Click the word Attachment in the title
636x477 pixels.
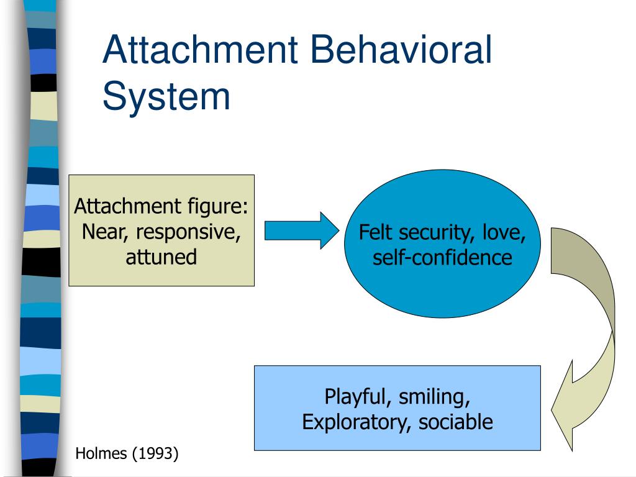click(201, 50)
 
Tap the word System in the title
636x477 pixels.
click(166, 96)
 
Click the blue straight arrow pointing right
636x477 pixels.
click(302, 230)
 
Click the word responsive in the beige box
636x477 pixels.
click(188, 232)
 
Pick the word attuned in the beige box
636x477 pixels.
click(161, 258)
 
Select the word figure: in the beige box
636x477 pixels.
click(217, 207)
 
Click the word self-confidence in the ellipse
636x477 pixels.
click(442, 258)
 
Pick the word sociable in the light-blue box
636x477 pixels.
click(455, 422)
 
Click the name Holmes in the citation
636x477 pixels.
click(101, 453)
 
